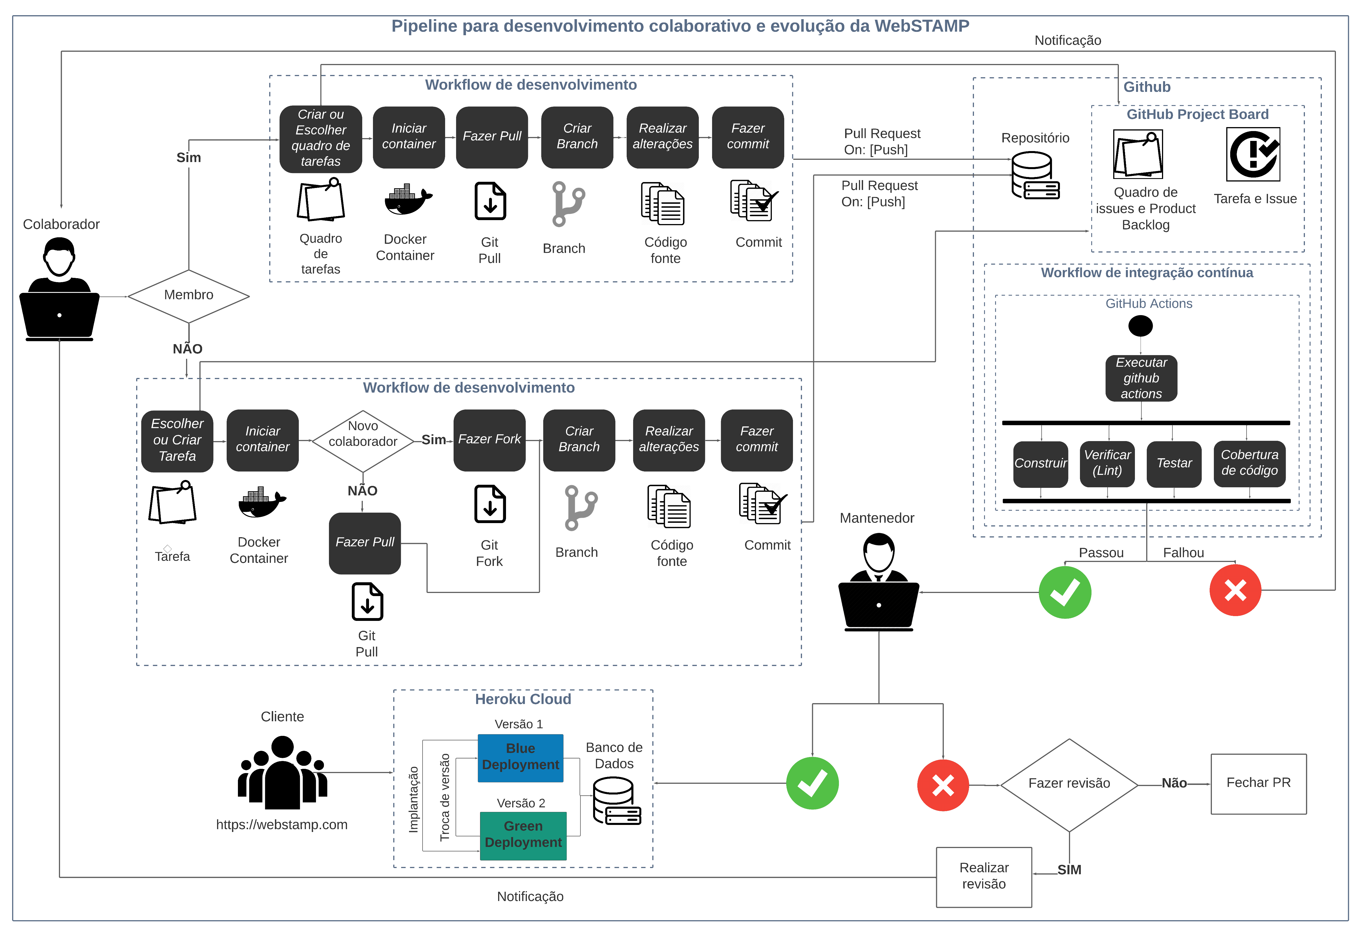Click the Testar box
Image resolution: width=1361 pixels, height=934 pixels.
point(1174,463)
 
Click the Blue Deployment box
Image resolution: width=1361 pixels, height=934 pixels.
point(520,758)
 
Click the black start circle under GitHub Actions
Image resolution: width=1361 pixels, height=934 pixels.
point(1140,326)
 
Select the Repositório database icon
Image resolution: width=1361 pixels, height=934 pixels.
point(1034,176)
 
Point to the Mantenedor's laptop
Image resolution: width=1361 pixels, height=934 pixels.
point(878,606)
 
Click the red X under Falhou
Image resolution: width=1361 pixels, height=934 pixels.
point(1234,590)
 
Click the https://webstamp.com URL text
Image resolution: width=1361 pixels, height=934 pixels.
point(282,824)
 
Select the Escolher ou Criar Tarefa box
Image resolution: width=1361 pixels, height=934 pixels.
point(177,440)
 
